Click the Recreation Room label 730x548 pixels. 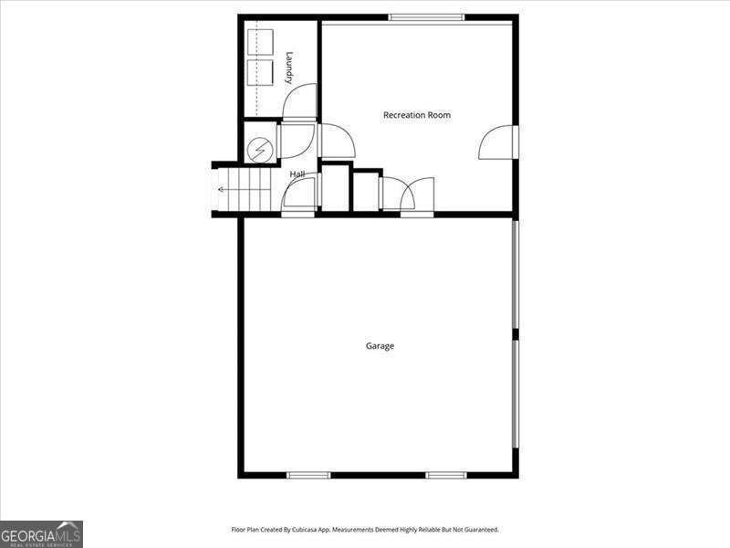click(416, 115)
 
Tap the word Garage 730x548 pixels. click(380, 346)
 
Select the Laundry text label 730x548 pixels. click(289, 68)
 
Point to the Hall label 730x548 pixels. click(297, 174)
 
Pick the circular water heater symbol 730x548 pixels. click(260, 148)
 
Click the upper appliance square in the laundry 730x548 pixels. click(260, 44)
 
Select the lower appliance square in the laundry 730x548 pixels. click(260, 73)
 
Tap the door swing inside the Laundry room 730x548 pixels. click(299, 102)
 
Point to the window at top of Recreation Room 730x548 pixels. click(425, 17)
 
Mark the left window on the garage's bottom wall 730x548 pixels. click(308, 475)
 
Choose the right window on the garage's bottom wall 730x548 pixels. click(446, 475)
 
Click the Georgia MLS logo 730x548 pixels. click(41, 533)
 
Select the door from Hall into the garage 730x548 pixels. click(299, 196)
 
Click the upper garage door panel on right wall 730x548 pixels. click(516, 279)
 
